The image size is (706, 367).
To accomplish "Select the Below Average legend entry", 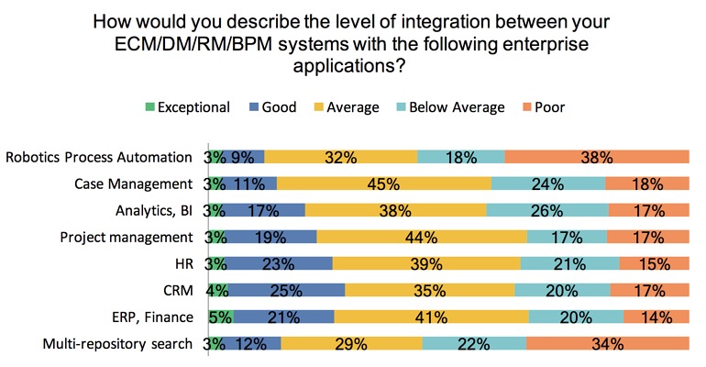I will coord(455,107).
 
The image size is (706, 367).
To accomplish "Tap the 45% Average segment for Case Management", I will coord(383,183).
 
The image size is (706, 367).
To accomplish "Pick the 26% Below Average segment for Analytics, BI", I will coord(546,210).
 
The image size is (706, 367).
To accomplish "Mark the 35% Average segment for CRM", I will coord(429,291).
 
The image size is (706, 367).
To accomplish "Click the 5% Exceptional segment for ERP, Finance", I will coord(221,317).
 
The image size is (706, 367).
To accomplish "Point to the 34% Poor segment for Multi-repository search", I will coord(607,345).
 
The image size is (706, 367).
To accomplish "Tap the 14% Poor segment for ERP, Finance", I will coord(656,317).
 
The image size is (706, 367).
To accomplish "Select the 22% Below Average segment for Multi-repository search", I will coord(474,345).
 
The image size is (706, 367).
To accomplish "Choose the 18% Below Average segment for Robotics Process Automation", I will coord(460,157).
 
